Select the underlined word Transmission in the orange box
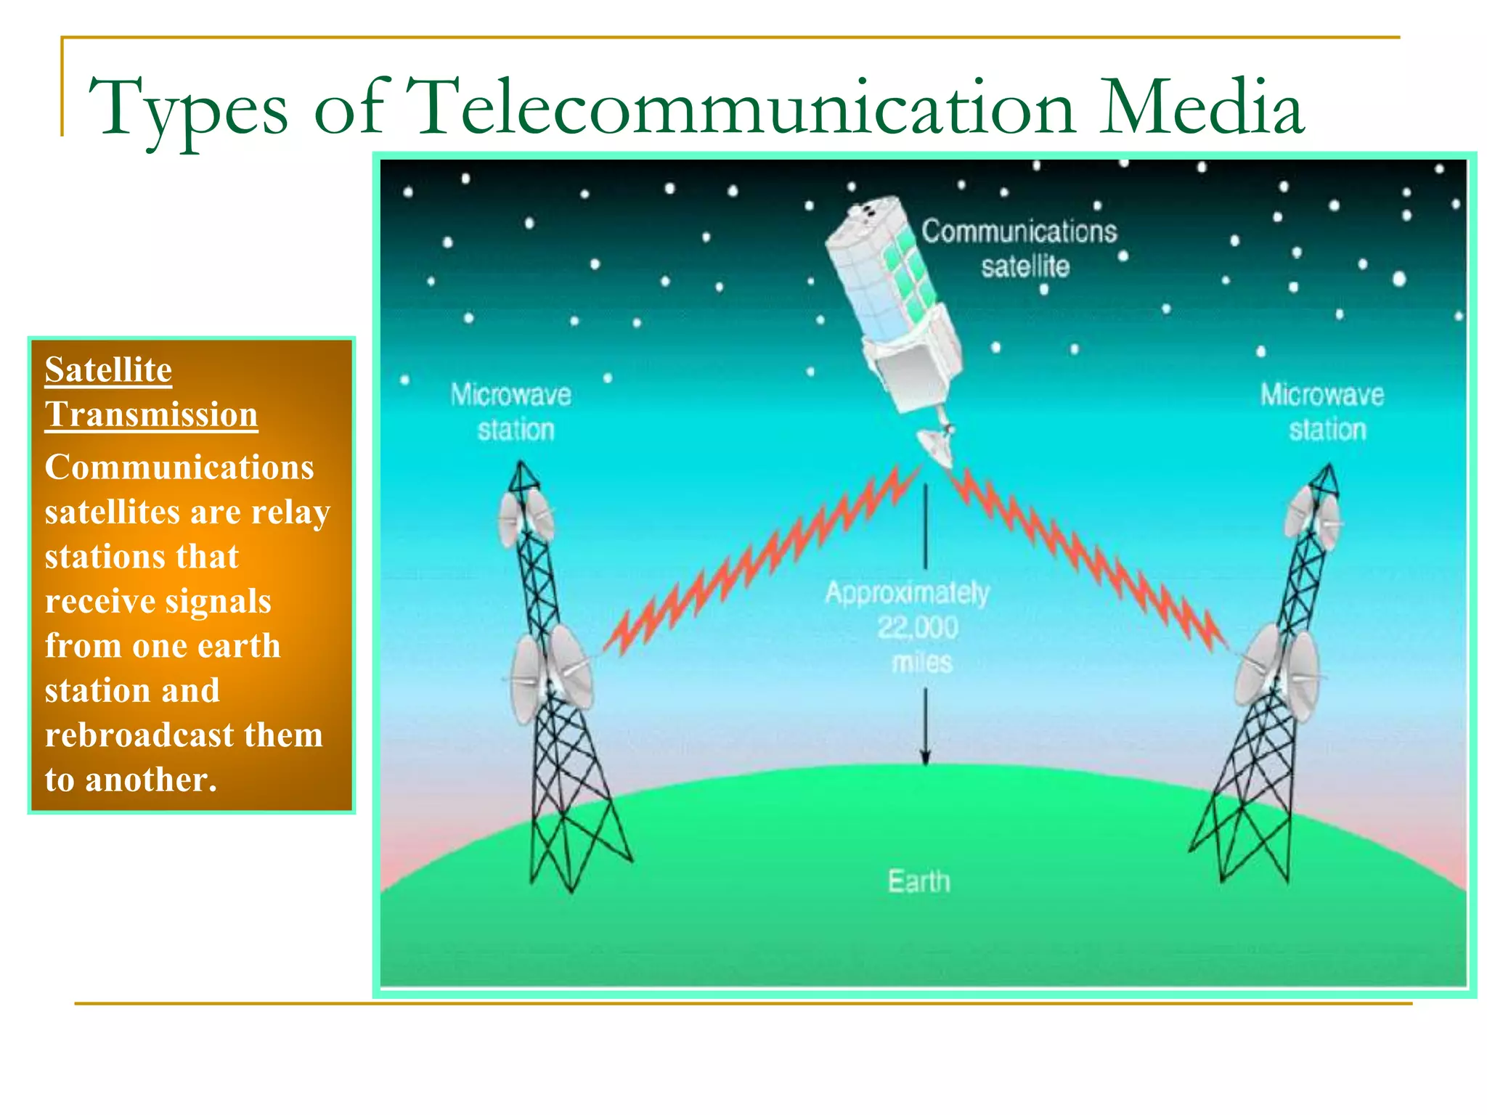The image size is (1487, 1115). click(x=151, y=414)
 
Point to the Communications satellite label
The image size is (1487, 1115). click(x=1020, y=248)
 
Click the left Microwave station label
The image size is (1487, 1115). click(x=512, y=412)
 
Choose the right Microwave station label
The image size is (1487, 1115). click(x=1323, y=412)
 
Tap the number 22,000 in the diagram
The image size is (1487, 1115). click(x=918, y=627)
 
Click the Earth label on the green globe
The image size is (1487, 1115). click(x=918, y=881)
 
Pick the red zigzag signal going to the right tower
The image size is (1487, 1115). click(x=1089, y=559)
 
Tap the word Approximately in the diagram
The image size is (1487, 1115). click(x=907, y=593)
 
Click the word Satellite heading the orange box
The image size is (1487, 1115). click(x=108, y=369)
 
